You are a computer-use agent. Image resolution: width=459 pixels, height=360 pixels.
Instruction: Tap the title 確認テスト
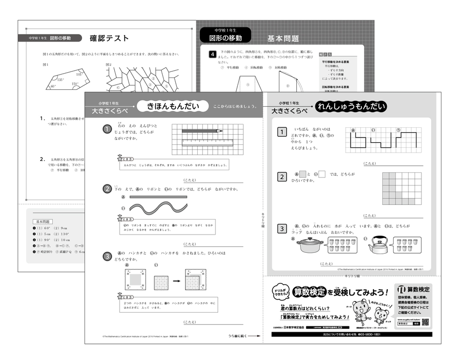(x=110, y=38)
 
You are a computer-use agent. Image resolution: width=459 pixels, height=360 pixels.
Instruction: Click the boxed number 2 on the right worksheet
(x=282, y=176)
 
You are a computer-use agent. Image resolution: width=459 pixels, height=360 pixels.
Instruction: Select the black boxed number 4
(x=212, y=54)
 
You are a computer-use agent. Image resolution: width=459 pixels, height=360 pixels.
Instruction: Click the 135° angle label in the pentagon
(x=60, y=80)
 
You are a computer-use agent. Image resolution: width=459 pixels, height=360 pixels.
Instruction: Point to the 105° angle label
(x=80, y=74)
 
